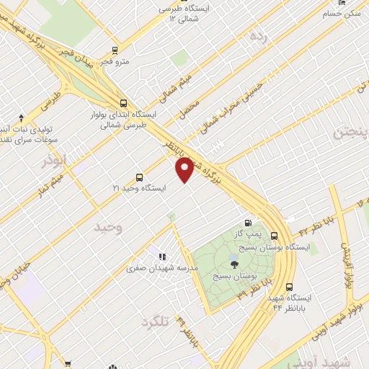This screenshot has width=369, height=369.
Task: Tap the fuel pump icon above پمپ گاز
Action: coord(249,223)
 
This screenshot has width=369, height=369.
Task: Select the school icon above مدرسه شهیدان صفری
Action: coord(161,256)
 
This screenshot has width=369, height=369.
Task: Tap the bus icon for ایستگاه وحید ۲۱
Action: coord(139,177)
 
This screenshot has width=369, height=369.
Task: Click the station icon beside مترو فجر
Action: coord(115,50)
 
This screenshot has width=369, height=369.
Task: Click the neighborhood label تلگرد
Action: coord(155,321)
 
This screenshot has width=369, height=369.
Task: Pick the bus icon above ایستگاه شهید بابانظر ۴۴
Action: coord(289,286)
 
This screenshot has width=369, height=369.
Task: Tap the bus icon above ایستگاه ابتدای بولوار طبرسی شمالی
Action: coord(123,103)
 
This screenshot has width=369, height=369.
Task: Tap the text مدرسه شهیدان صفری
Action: coord(151,268)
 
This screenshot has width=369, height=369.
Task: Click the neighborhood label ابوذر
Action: coord(53,162)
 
